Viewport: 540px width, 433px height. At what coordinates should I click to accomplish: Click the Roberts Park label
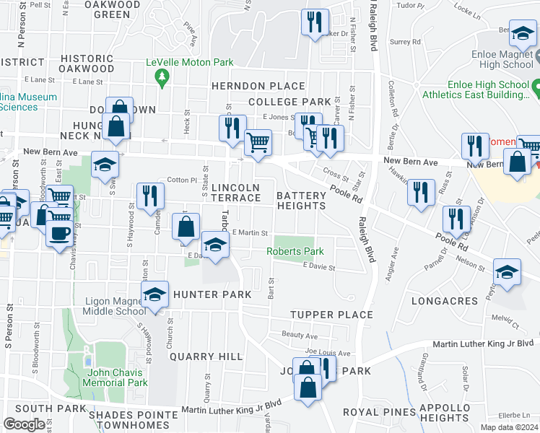(295, 251)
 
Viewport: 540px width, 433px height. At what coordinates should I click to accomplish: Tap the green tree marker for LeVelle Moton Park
(162, 76)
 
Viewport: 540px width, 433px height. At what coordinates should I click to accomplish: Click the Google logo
(24, 424)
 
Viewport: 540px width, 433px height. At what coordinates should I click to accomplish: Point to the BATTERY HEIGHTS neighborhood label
(301, 200)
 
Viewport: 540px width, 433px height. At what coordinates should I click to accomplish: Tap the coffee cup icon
(58, 232)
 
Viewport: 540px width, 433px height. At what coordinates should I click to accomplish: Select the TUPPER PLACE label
(331, 315)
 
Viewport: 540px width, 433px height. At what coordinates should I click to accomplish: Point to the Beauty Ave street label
(300, 336)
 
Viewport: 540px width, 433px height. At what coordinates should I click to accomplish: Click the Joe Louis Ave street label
(328, 353)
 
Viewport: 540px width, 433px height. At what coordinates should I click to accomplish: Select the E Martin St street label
(250, 232)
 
